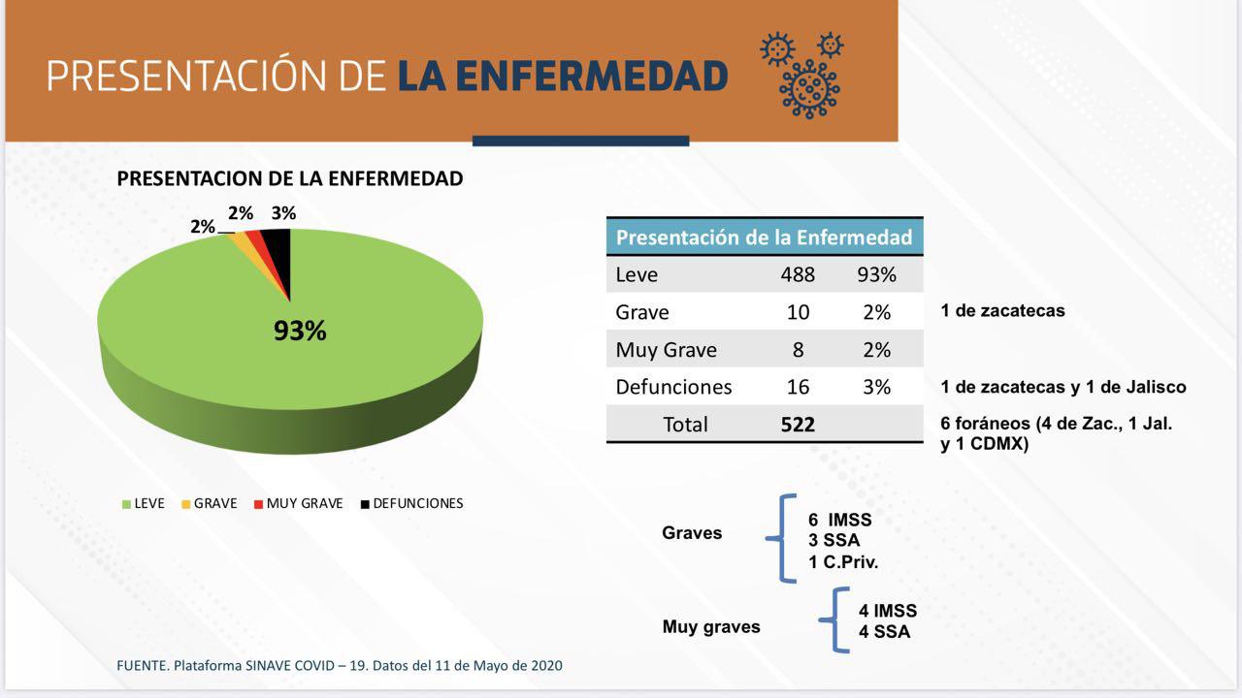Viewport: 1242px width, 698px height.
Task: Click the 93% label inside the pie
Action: pyautogui.click(x=300, y=332)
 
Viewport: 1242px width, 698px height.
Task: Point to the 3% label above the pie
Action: pyautogui.click(x=283, y=213)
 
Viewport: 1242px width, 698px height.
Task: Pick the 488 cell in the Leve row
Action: pyautogui.click(x=798, y=274)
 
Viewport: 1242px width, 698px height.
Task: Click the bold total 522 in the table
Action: pyautogui.click(x=798, y=424)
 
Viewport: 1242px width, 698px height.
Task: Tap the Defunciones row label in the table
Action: pyautogui.click(x=673, y=387)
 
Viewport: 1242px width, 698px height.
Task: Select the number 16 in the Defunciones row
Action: pyautogui.click(x=798, y=387)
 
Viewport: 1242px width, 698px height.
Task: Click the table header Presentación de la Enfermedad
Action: pyautogui.click(x=765, y=237)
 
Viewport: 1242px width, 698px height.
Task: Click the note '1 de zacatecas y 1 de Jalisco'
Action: pyautogui.click(x=1062, y=387)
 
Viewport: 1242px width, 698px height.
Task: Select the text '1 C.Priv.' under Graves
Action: pyautogui.click(x=842, y=562)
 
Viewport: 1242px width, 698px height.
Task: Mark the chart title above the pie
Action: pyautogui.click(x=290, y=178)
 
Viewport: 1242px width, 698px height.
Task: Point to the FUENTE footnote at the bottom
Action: pyautogui.click(x=339, y=666)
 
